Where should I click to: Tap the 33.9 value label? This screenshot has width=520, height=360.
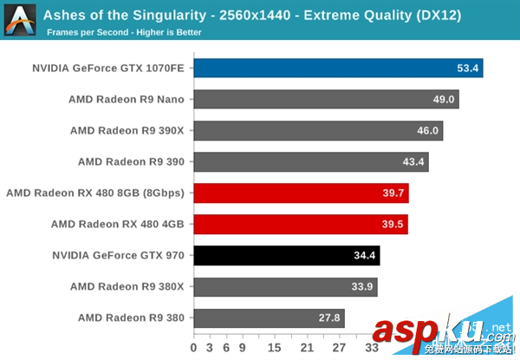363,286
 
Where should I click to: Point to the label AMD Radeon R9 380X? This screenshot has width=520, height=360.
127,286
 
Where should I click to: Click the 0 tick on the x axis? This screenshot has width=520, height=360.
194,347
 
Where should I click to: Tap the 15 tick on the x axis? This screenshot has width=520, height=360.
275,347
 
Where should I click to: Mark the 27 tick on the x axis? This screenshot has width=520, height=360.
340,347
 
